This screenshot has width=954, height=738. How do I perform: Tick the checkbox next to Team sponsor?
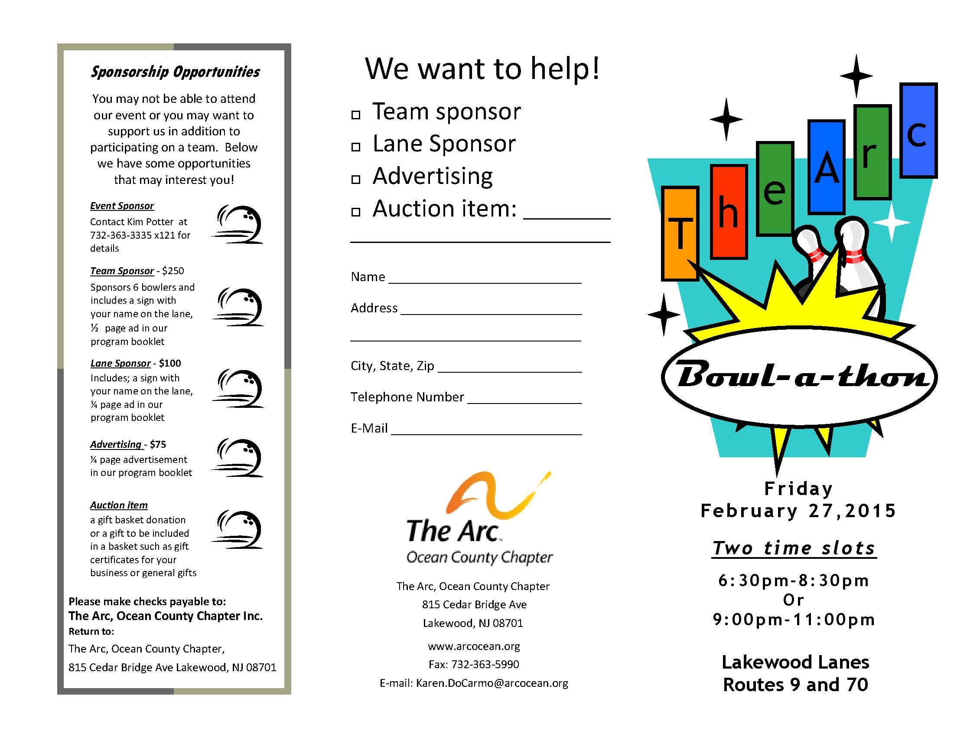point(356,115)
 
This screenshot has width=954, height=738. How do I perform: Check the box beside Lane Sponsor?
point(356,147)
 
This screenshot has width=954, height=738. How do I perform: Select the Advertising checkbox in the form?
point(356,179)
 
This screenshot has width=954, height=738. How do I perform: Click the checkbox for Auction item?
point(356,212)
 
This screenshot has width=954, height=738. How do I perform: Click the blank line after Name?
point(485,280)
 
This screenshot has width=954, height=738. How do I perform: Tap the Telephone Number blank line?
point(524,400)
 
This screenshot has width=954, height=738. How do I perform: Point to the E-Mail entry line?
point(486,431)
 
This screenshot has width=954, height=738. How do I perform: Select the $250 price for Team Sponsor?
point(173,271)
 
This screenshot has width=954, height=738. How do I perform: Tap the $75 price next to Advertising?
point(158,444)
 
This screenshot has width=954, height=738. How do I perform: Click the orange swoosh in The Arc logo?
point(494,496)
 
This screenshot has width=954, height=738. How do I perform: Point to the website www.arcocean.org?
point(474,646)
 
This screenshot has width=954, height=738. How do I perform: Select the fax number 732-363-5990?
point(485,665)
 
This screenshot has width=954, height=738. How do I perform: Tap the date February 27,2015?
point(798,511)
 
